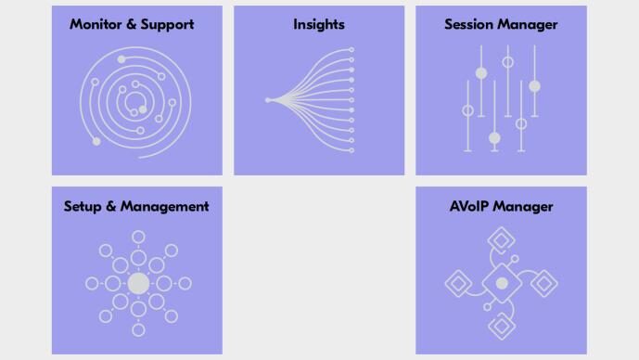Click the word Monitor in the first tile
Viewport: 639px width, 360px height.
[x=96, y=24]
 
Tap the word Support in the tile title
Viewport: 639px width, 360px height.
[x=167, y=25]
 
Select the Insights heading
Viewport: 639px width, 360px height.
[x=319, y=25]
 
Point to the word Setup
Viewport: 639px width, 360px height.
[x=83, y=207]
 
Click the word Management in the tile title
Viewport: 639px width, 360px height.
[x=165, y=207]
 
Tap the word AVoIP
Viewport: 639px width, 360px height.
[x=468, y=206]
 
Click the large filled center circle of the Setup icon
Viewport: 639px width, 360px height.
[x=138, y=283]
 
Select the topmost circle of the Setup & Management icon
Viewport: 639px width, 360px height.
[x=138, y=237]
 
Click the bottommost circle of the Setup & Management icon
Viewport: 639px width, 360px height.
[x=138, y=329]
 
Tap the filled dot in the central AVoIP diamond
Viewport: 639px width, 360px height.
[x=502, y=283]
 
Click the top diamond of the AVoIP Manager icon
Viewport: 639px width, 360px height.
[x=501, y=239]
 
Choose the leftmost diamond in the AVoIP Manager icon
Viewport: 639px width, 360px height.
[x=458, y=283]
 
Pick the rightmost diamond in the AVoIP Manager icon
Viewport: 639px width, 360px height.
[x=544, y=283]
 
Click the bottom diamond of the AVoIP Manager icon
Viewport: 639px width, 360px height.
[x=501, y=327]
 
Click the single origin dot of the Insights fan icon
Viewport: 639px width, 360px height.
[x=268, y=100]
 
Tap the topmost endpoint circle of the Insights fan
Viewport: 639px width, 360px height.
[x=351, y=50]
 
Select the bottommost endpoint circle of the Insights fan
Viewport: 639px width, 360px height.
[x=351, y=150]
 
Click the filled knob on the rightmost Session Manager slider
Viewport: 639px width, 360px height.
[x=535, y=86]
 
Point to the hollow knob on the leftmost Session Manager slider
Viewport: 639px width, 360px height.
[x=467, y=110]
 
